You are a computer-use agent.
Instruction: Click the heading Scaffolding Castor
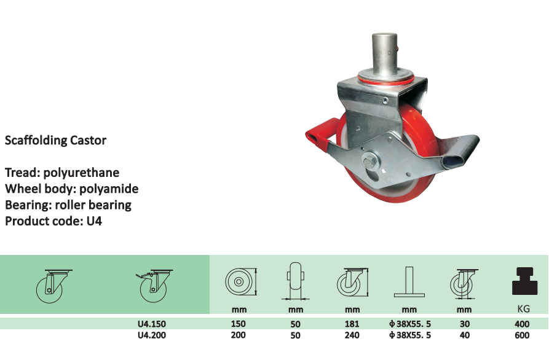55,140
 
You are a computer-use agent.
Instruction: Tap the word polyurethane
81,173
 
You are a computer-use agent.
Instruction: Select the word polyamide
109,189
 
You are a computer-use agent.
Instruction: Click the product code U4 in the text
94,221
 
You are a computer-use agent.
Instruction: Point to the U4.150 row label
152,324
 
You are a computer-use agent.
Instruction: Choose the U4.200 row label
152,335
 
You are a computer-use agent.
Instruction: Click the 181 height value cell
352,324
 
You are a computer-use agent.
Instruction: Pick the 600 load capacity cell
522,335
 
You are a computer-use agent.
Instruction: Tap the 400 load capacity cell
522,324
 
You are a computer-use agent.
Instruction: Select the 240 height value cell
352,335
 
